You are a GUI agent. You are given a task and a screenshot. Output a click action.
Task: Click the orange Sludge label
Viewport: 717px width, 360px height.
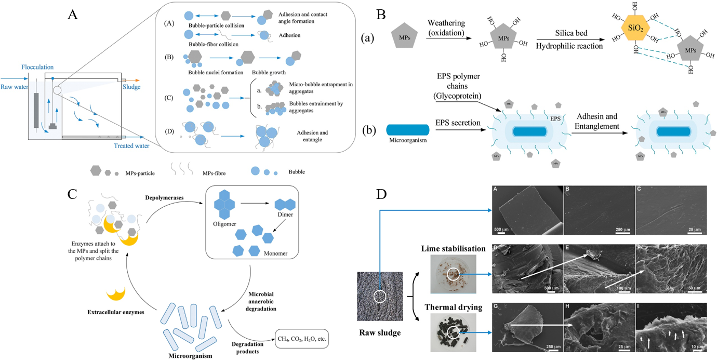point(132,87)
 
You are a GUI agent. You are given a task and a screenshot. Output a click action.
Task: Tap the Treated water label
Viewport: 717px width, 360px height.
point(131,146)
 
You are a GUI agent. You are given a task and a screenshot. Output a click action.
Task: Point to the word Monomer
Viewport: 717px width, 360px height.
point(274,254)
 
